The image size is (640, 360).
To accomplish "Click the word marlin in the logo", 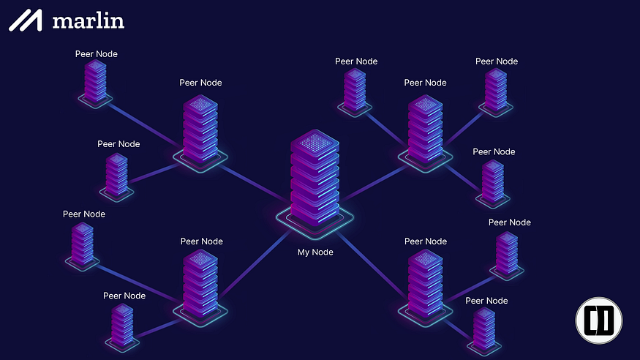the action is [x=89, y=21].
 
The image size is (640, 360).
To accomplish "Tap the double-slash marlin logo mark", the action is [x=26, y=20].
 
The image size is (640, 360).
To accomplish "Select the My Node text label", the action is [x=315, y=252].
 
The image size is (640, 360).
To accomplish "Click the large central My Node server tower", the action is [x=315, y=179].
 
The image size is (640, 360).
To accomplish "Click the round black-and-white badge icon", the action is [x=599, y=320].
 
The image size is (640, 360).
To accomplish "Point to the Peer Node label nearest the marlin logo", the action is [x=97, y=54].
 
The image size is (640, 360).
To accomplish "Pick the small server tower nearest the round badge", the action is [x=484, y=331].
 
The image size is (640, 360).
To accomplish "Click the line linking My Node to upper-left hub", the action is [x=255, y=182].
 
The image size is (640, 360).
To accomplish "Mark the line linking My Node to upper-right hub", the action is [x=374, y=182].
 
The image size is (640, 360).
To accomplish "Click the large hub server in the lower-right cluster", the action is [x=425, y=285].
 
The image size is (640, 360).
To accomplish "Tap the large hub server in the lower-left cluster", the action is [x=200, y=285].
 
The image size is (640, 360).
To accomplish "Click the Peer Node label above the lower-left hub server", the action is [x=202, y=241].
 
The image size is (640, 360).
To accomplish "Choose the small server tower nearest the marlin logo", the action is [x=96, y=83].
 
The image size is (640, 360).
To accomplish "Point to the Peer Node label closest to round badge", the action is [x=486, y=301].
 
